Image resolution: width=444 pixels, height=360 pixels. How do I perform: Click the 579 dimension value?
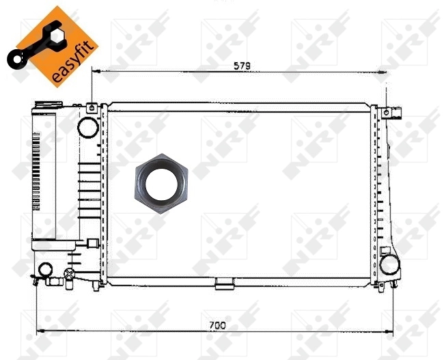tap(242, 66)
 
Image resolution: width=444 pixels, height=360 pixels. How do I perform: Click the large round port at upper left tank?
tap(87, 126)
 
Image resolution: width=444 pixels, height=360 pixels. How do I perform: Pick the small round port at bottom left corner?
tap(46, 270)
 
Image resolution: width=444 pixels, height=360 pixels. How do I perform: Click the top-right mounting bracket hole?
tap(387, 111)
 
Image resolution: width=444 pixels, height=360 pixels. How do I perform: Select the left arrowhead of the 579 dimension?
tap(95, 70)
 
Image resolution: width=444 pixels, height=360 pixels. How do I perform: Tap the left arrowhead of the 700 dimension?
tap(39, 331)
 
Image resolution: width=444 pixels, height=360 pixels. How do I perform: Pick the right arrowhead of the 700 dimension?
tap(390, 331)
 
